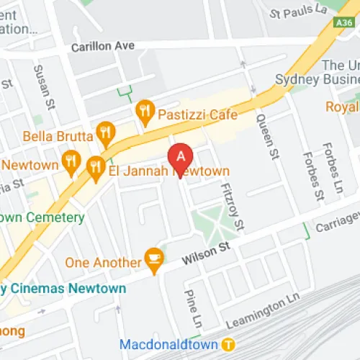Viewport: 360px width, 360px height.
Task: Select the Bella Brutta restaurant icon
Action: click(107, 132)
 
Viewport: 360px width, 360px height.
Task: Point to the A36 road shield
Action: click(344, 23)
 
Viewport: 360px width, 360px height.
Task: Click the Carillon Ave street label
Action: click(103, 46)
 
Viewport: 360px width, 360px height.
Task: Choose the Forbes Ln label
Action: click(333, 162)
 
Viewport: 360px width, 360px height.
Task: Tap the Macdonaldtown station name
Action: click(170, 344)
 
